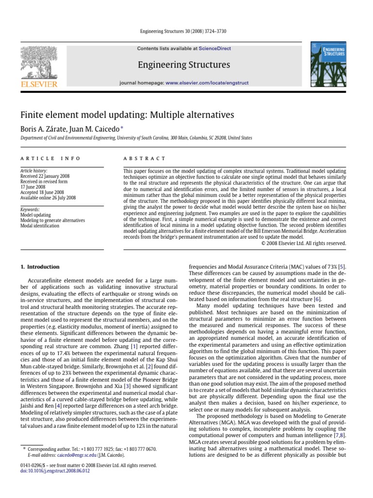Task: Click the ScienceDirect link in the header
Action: pos(212,49)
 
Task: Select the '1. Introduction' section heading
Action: pos(40,267)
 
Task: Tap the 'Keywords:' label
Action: pos(30,210)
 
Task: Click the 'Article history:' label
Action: pos(34,172)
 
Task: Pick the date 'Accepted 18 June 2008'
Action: pos(42,193)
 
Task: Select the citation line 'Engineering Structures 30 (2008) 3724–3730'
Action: pos(186,31)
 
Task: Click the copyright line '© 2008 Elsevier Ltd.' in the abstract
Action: pos(304,243)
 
